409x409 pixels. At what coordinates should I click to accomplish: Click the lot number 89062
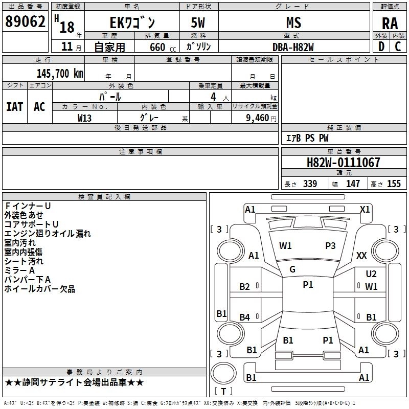(25, 21)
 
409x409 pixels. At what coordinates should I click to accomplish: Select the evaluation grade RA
(390, 24)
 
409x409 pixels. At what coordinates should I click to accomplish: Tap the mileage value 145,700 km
(60, 74)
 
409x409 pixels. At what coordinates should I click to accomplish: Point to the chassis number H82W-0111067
(343, 163)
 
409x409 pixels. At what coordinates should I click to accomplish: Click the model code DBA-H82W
(293, 47)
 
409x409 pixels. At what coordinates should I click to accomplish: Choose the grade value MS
(293, 22)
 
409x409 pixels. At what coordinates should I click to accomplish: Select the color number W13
(84, 118)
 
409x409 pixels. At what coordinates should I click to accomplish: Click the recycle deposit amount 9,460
(258, 118)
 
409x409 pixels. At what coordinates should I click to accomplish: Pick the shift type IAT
(15, 107)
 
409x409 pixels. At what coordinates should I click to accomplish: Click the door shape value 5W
(198, 22)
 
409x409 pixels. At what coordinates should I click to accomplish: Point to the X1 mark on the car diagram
(365, 210)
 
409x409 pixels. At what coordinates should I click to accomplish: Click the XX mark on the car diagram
(361, 255)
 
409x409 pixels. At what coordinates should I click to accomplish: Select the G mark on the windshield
(292, 269)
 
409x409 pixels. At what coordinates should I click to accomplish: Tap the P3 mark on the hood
(330, 246)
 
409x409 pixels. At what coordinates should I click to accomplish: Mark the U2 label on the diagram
(371, 274)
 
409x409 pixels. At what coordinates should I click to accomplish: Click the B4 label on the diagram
(245, 317)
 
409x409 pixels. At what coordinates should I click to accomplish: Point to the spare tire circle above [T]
(223, 373)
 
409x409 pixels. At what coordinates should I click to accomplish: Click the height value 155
(394, 184)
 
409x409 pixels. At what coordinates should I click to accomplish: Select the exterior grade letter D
(381, 47)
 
